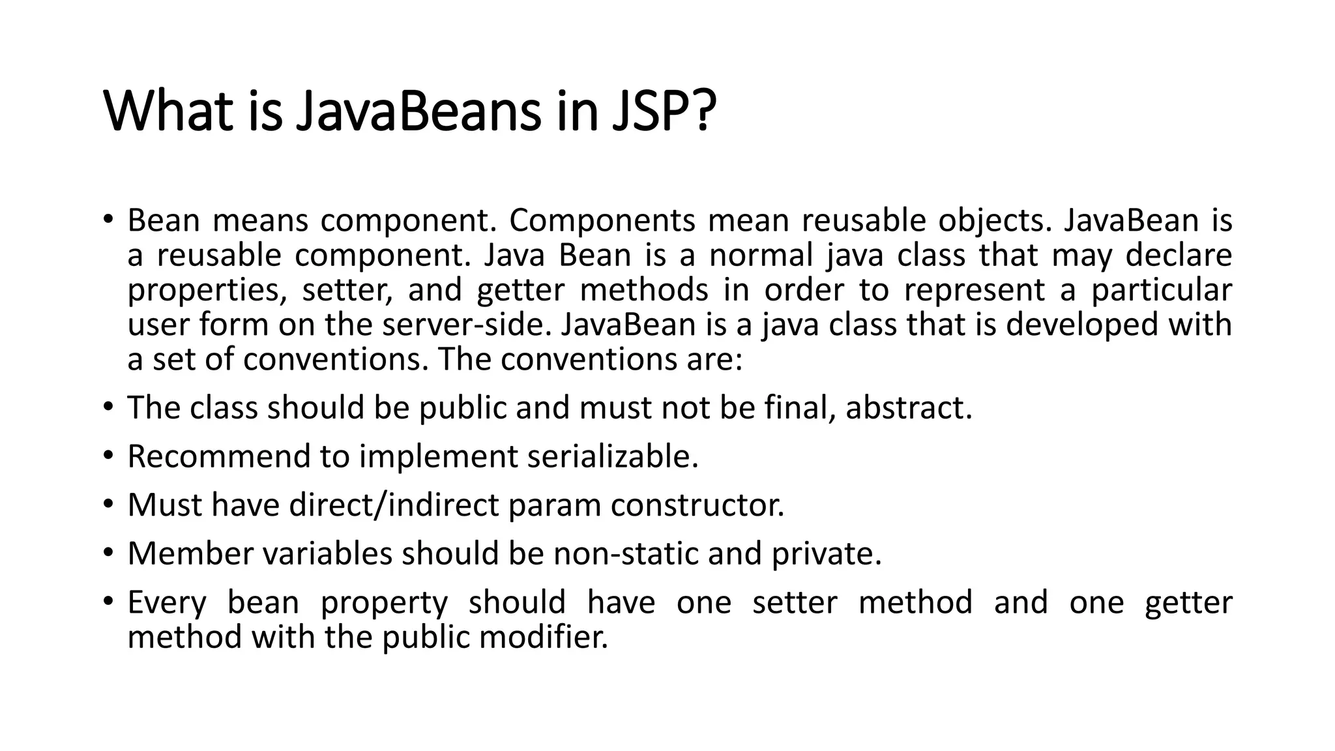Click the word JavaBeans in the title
[x=418, y=111]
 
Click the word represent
[x=975, y=290]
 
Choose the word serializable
[x=612, y=456]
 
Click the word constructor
[x=697, y=505]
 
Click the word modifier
[x=543, y=637]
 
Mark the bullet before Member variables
[x=108, y=553]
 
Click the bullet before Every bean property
[x=108, y=601]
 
